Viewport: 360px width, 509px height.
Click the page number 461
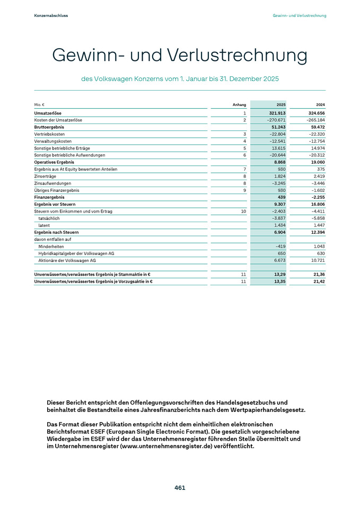pyautogui.click(x=180, y=488)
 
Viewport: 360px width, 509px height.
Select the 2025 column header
pyautogui.click(x=281, y=105)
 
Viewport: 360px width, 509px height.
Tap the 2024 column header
pyautogui.click(x=320, y=105)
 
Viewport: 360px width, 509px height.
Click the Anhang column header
pyautogui.click(x=240, y=105)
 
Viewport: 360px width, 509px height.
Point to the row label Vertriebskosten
pyautogui.click(x=46, y=135)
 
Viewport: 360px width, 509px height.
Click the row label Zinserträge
pyautogui.click(x=43, y=176)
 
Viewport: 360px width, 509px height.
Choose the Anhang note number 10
pyautogui.click(x=244, y=211)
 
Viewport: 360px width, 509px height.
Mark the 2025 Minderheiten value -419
pyautogui.click(x=280, y=246)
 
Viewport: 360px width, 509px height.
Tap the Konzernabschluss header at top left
pyautogui.click(x=51, y=16)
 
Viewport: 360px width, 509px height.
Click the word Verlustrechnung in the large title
pyautogui.click(x=237, y=56)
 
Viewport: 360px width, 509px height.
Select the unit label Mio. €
pyautogui.click(x=39, y=105)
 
